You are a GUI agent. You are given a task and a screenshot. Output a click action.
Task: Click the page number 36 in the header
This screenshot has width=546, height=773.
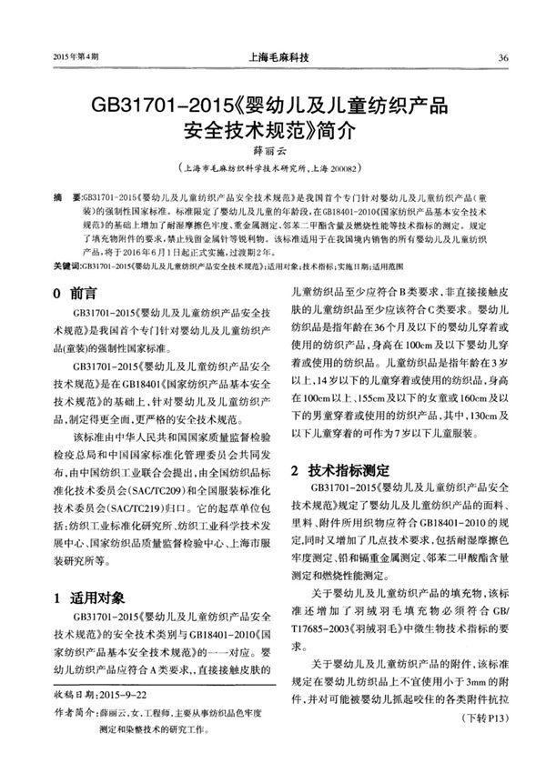click(x=503, y=58)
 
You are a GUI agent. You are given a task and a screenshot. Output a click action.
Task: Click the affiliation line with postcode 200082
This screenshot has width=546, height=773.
click(x=273, y=168)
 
